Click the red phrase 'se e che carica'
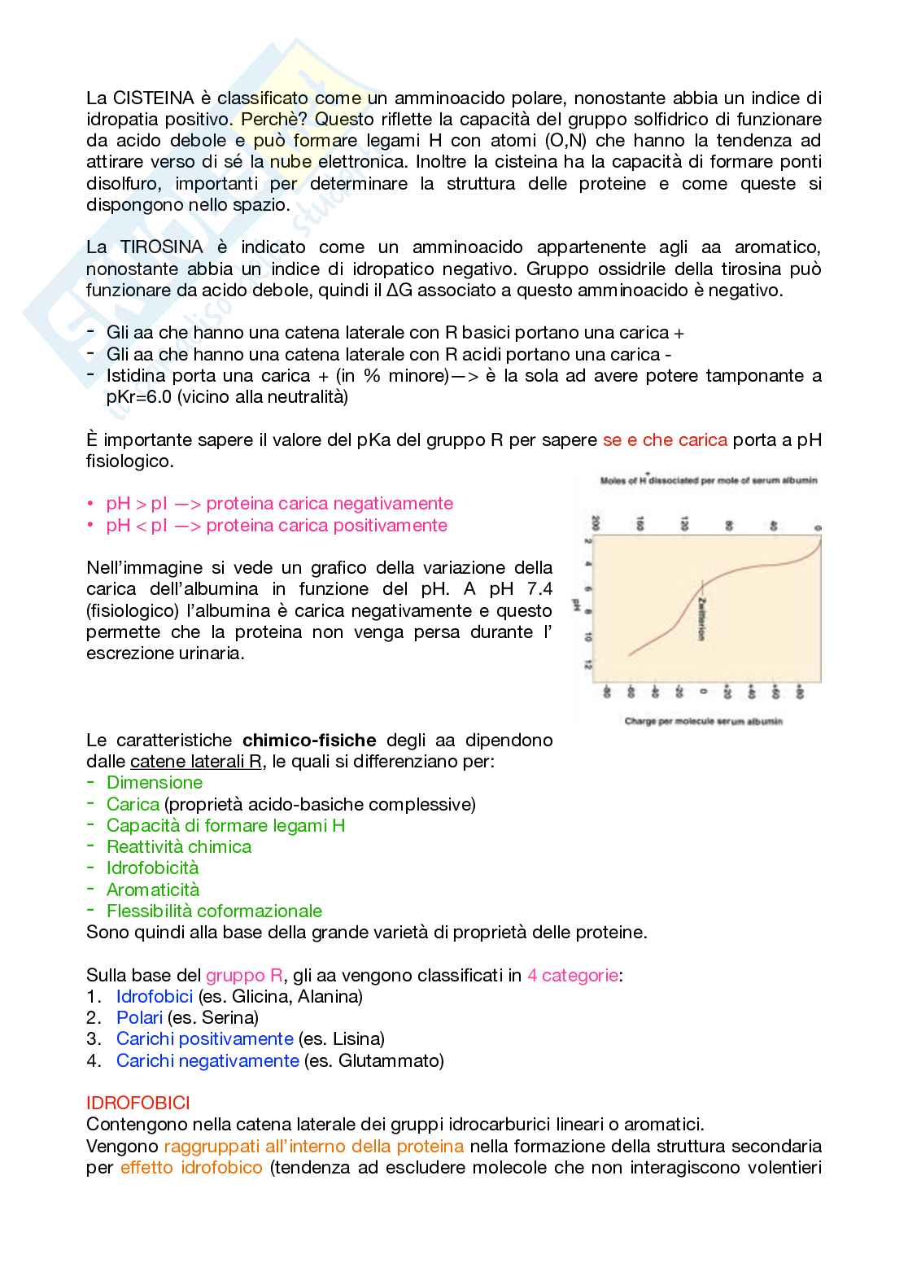[664, 440]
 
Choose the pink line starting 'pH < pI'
[277, 526]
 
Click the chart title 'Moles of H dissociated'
[709, 481]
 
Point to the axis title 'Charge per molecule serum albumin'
[703, 721]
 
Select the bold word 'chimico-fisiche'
[309, 741]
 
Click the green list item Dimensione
[155, 783]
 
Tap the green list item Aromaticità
[153, 890]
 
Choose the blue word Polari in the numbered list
[139, 1018]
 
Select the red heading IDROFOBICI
[138, 1104]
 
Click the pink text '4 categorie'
[572, 976]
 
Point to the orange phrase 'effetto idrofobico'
[191, 1168]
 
